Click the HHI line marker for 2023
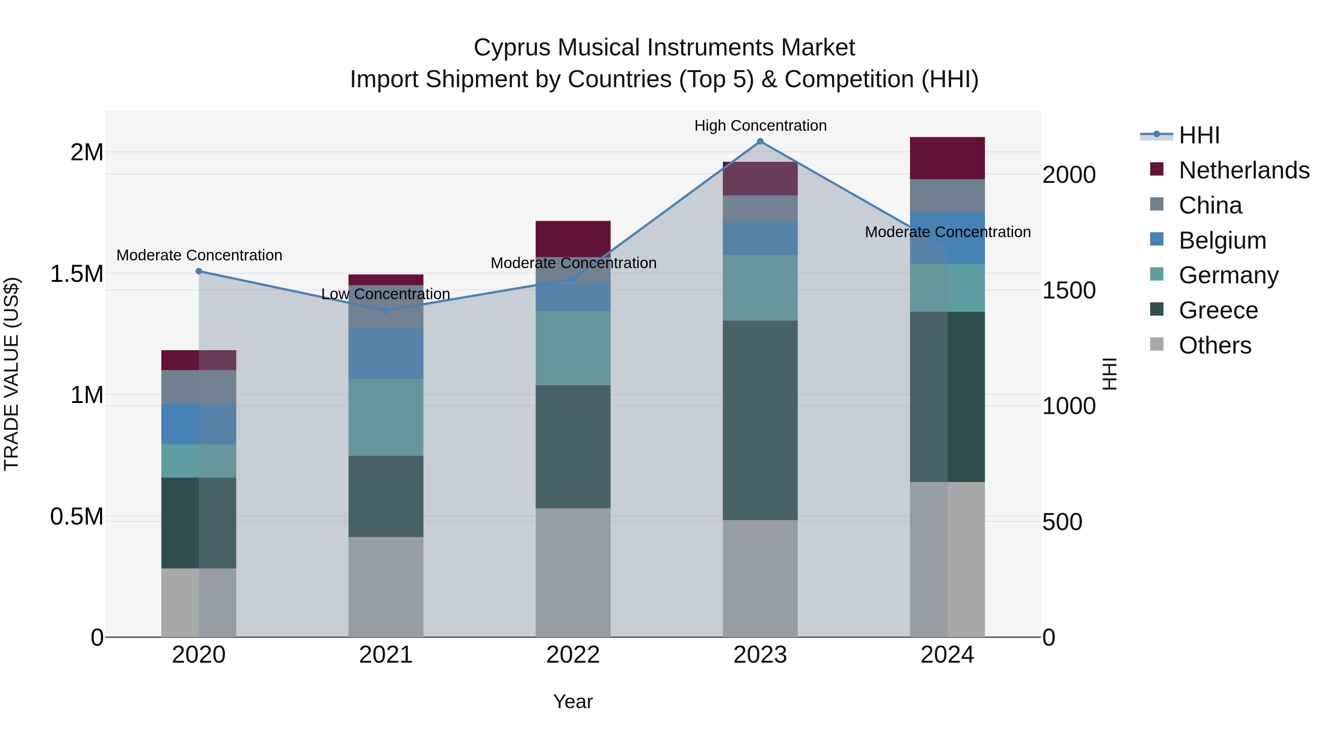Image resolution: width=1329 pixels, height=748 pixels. (x=760, y=141)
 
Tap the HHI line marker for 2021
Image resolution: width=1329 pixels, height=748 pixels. (x=386, y=310)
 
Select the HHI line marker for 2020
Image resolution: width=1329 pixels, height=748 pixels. (x=199, y=271)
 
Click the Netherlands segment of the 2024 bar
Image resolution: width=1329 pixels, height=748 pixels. (x=947, y=158)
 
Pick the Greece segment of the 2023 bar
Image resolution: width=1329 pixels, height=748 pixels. (x=760, y=420)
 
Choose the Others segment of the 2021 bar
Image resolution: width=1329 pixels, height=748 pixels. (x=386, y=587)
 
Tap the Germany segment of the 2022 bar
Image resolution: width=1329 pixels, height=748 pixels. (x=573, y=348)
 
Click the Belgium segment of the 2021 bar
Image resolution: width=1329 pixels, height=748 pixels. (x=386, y=353)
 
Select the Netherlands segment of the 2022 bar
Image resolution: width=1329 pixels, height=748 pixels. (x=573, y=239)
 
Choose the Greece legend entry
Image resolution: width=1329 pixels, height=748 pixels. (x=1218, y=310)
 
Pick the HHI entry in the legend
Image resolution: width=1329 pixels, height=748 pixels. (x=1199, y=135)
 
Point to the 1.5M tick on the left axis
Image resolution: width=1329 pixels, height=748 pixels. (x=77, y=274)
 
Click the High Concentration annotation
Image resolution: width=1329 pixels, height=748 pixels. (x=760, y=126)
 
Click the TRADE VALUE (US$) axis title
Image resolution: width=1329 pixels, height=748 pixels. (x=11, y=374)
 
